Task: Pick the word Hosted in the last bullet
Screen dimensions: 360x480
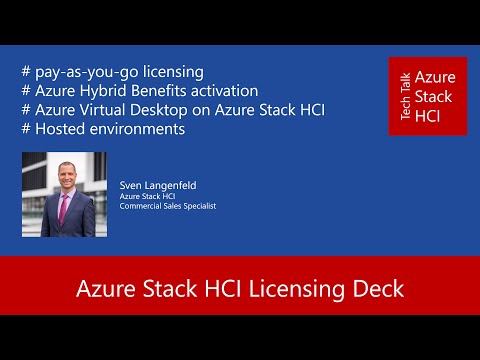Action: click(x=59, y=129)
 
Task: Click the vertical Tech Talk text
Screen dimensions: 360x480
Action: click(x=404, y=96)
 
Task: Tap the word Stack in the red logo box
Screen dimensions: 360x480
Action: click(x=434, y=96)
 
